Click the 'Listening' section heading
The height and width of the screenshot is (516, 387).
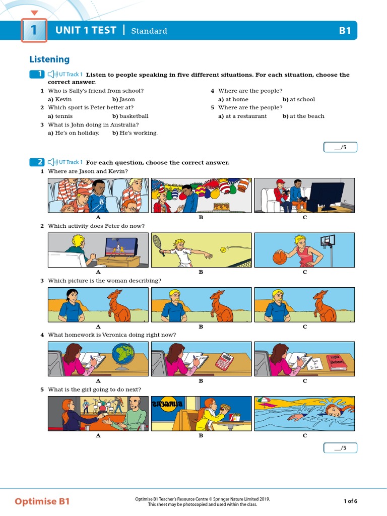pos(49,59)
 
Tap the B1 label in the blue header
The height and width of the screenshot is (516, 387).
pos(345,31)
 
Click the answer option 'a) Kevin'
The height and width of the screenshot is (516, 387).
pos(60,99)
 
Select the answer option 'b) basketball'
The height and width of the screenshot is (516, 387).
pos(130,116)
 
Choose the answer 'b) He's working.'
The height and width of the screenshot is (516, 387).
pos(135,133)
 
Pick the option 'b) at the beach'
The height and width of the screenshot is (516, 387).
pos(303,116)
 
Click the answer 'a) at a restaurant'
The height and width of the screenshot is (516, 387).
pos(242,116)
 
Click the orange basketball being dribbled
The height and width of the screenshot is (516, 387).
pos(279,257)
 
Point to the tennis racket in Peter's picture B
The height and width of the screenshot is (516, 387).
pos(157,242)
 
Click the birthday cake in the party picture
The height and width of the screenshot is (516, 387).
pos(220,206)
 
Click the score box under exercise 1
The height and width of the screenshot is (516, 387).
pos(340,147)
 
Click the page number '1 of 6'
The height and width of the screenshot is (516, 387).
pos(350,501)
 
